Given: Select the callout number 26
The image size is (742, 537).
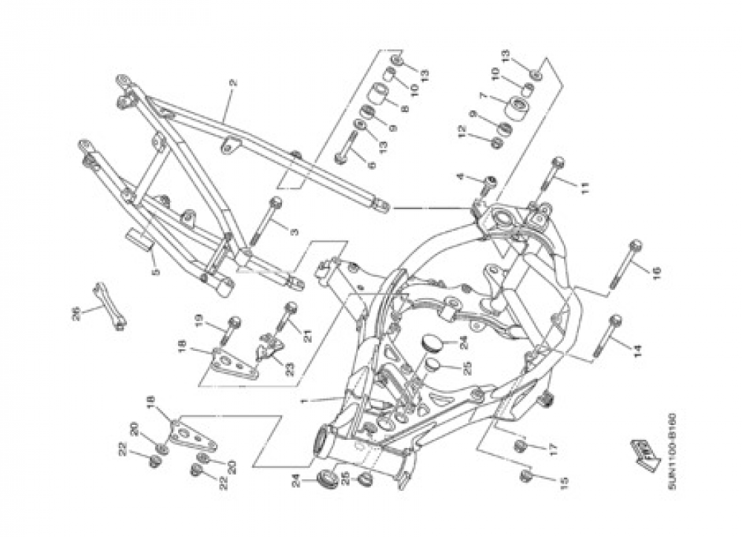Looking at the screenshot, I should (x=76, y=314).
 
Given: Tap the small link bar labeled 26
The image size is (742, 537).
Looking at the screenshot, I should (x=108, y=303).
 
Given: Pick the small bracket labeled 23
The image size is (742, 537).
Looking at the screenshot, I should (x=269, y=347).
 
